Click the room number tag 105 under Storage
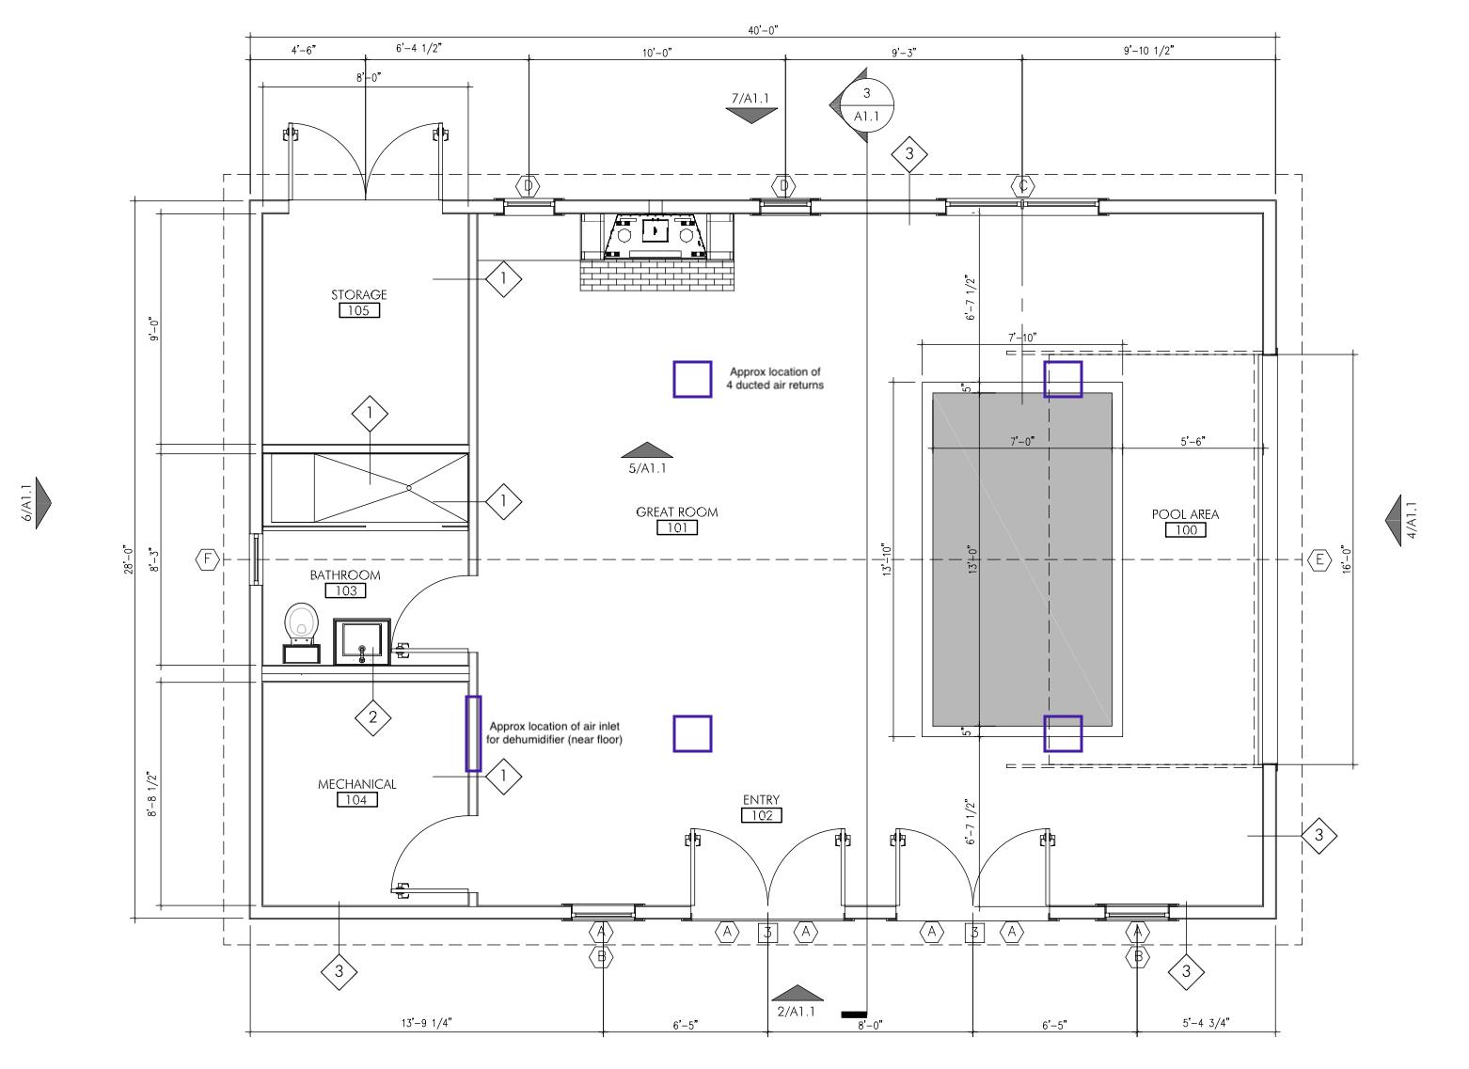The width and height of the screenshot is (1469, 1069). pos(359,311)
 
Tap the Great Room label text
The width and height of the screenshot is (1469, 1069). pos(676,512)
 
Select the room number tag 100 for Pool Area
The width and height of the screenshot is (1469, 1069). pos(1185,530)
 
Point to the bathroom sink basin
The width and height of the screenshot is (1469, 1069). pos(362,640)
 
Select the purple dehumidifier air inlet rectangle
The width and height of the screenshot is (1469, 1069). pos(473,733)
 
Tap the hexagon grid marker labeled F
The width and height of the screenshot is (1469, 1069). pos(208,560)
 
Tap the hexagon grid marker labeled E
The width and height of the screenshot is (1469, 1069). pos(1319,560)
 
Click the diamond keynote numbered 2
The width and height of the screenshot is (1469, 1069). pos(372,717)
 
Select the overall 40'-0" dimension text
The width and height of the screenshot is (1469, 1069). pos(763,30)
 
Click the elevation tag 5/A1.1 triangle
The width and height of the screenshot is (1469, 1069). pos(647,450)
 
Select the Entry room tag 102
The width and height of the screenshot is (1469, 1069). pos(761,815)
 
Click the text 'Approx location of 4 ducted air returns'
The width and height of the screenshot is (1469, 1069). pos(775,378)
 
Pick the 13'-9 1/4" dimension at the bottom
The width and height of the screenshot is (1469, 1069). pos(426,1024)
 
